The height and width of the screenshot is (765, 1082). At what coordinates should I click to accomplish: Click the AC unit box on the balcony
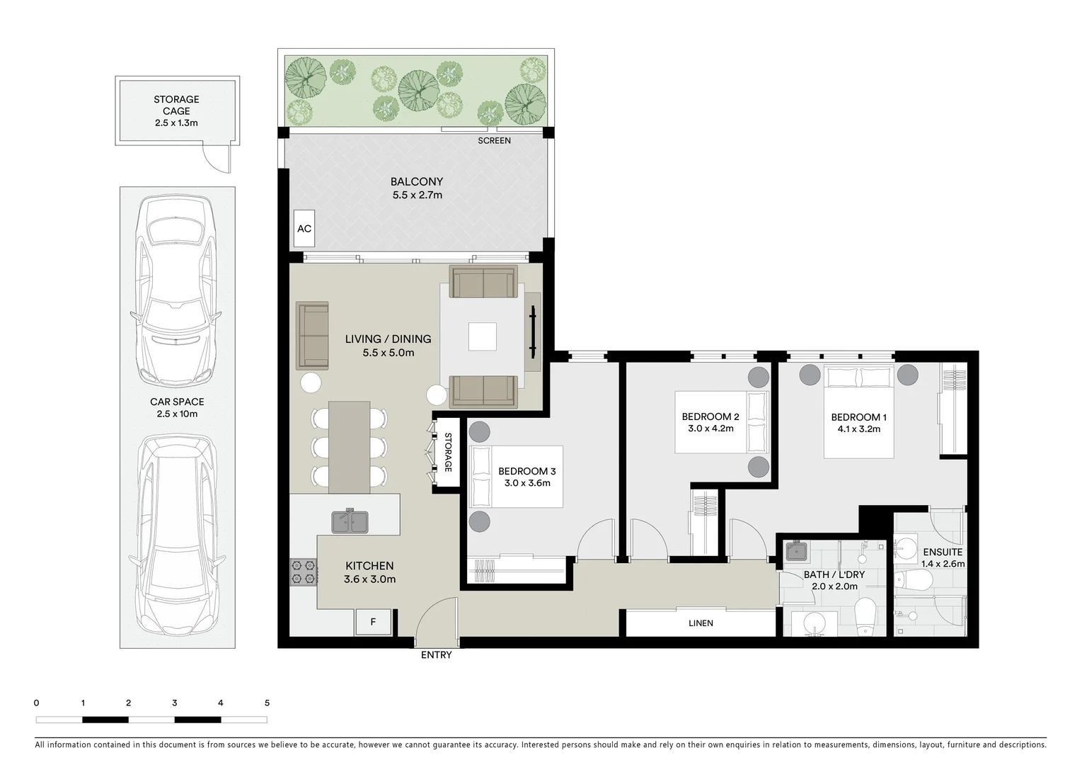point(304,228)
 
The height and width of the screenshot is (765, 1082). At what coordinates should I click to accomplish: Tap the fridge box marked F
point(373,622)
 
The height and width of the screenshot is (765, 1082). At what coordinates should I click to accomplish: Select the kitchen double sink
point(350,521)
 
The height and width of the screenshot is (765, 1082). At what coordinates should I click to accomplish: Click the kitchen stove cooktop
point(303,572)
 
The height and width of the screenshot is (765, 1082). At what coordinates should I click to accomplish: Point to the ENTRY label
point(436,655)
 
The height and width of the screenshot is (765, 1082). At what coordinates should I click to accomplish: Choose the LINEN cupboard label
point(701,623)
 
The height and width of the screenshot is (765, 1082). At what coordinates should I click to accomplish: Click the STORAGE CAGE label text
point(176,105)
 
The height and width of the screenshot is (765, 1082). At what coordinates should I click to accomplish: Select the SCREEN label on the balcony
point(494,141)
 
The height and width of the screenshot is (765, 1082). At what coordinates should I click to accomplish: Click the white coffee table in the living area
point(482,336)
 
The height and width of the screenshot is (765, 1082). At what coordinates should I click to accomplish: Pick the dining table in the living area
point(349,447)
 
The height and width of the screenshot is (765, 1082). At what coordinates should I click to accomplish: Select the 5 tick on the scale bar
point(267,703)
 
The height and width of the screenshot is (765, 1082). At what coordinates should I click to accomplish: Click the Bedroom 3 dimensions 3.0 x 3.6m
point(527,483)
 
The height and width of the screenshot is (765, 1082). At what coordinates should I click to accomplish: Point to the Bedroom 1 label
point(858,417)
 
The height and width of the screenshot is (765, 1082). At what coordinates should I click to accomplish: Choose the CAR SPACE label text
point(177,402)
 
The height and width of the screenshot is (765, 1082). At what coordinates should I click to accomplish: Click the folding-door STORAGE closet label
point(448,453)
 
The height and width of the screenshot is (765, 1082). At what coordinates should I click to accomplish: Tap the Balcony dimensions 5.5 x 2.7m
point(418,195)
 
